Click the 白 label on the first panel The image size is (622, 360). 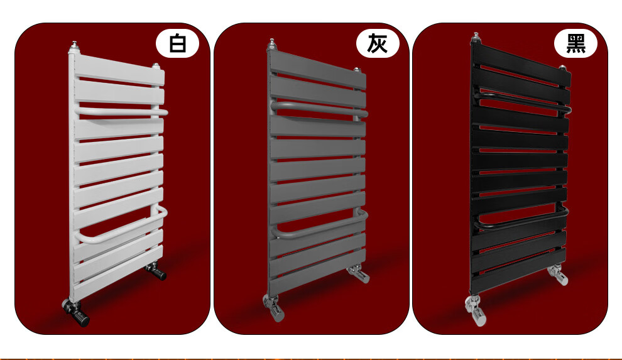[x=177, y=43]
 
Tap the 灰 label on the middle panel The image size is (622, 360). [x=377, y=43]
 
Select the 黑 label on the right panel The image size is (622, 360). [x=576, y=43]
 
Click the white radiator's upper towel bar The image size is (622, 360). [x=121, y=112]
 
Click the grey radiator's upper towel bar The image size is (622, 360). [x=319, y=109]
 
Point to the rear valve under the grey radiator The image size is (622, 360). [x=359, y=273]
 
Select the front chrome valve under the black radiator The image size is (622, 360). [x=476, y=310]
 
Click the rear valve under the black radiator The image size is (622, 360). [x=558, y=275]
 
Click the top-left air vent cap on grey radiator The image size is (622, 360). [x=271, y=45]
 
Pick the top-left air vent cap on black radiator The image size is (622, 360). [x=476, y=38]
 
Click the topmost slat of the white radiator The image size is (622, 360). [x=119, y=69]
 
